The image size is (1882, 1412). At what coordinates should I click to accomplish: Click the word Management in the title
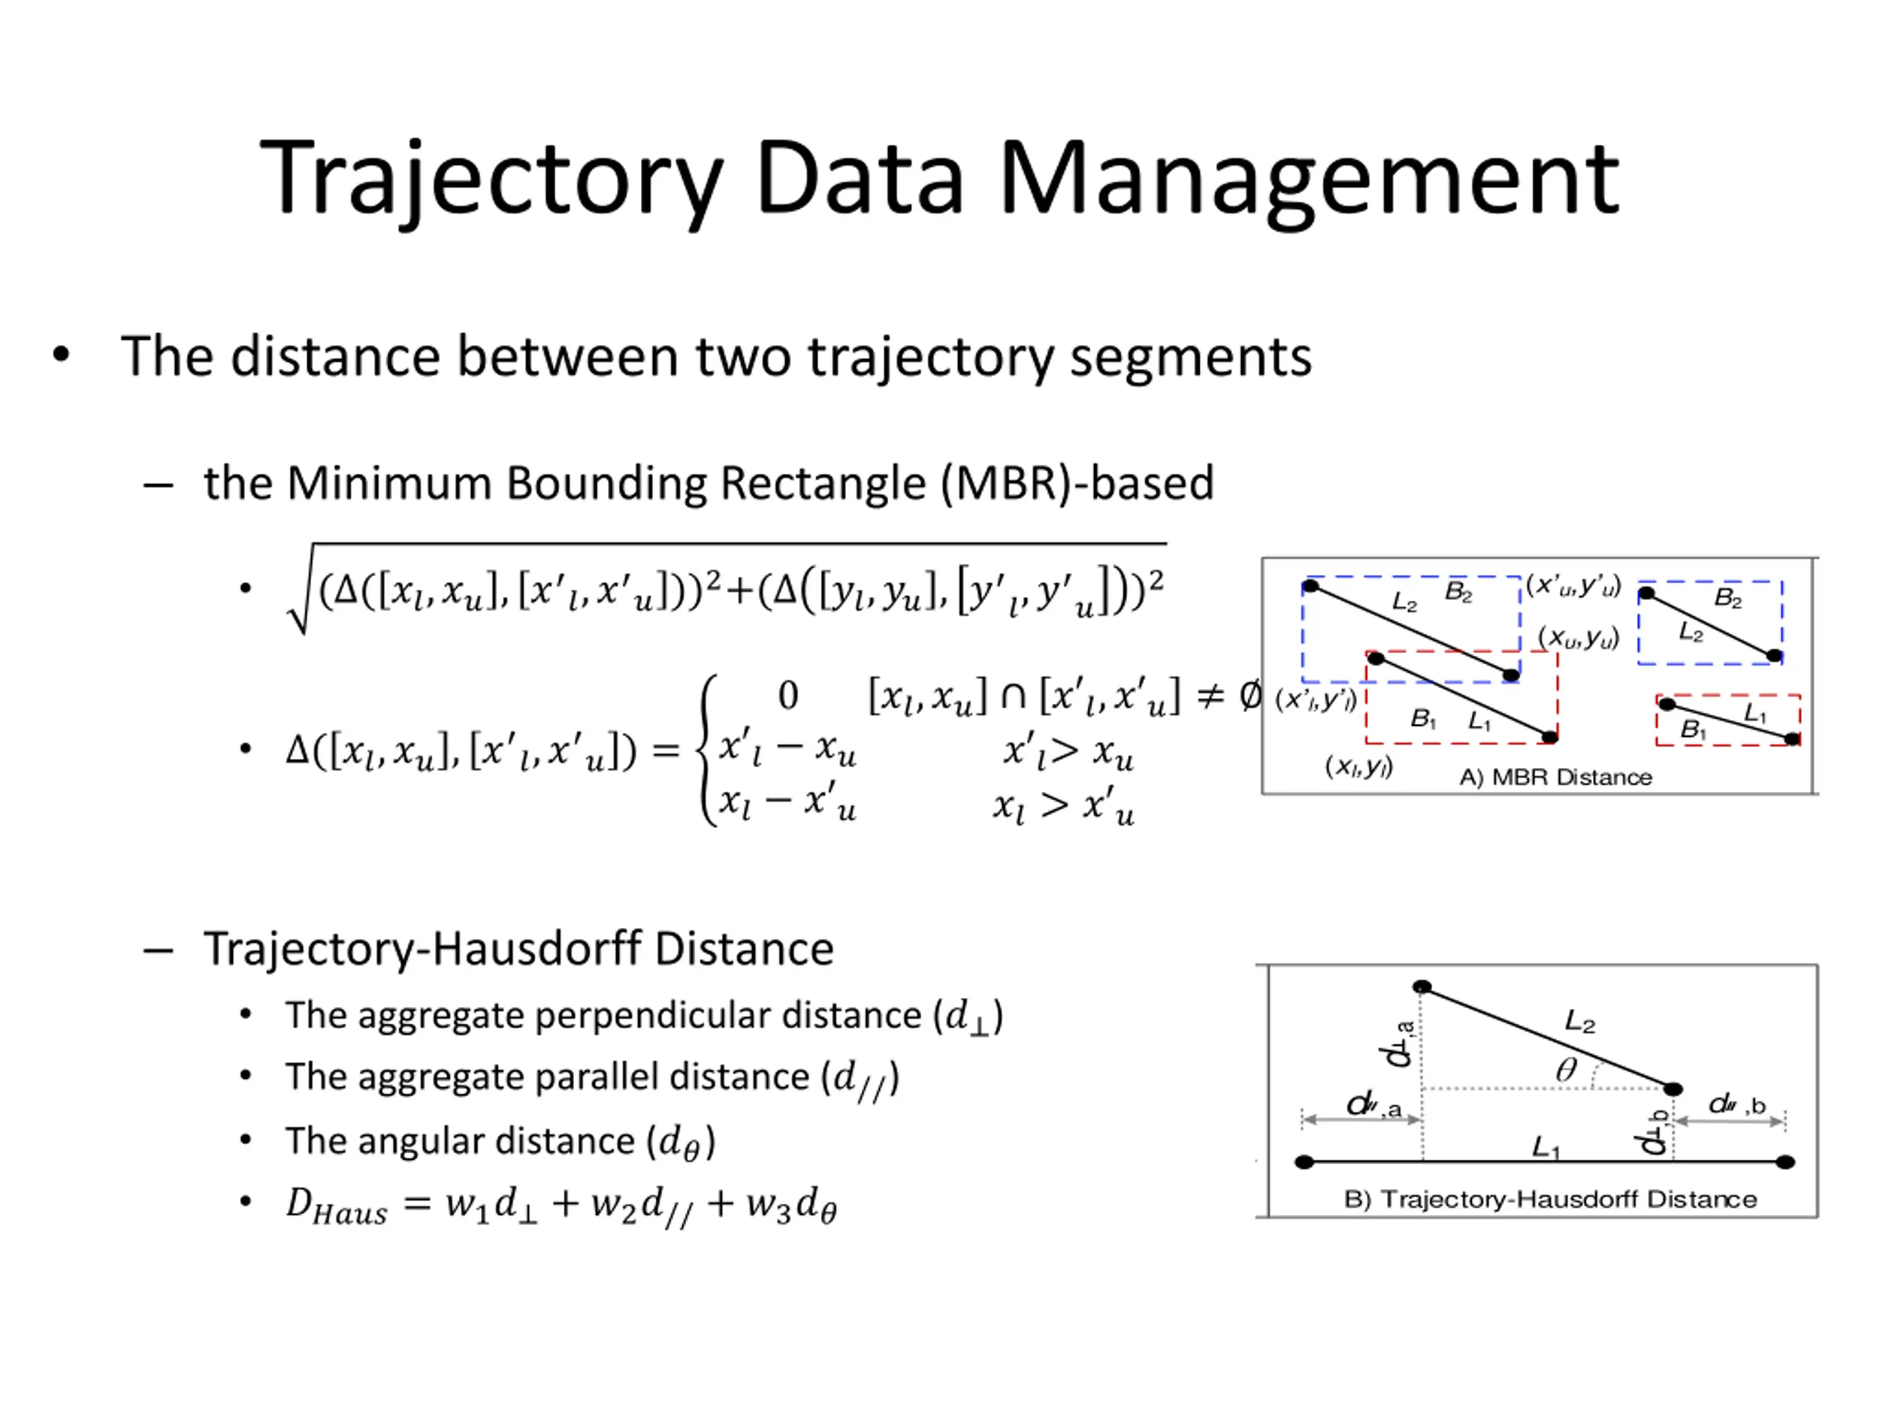pos(1309,179)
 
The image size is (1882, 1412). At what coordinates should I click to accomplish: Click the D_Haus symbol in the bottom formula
pos(335,1206)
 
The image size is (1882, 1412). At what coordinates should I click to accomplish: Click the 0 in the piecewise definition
pos(788,696)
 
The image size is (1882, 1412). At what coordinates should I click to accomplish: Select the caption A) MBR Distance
pos(1556,777)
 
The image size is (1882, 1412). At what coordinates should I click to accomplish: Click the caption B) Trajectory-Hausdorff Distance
pos(1550,1199)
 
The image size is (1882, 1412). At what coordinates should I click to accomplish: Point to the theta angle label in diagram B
pos(1565,1070)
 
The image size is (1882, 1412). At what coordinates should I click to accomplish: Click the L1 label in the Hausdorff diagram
pos(1546,1147)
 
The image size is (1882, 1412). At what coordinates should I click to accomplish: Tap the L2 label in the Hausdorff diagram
pos(1580,1021)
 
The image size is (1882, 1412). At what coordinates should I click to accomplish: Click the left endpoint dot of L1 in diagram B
pos(1304,1162)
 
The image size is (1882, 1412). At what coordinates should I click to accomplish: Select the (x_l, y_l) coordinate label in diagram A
pos(1359,767)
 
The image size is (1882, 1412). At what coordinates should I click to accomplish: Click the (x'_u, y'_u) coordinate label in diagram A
pos(1573,585)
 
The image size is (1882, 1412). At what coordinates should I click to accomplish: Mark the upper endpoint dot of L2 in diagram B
pos(1422,987)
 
